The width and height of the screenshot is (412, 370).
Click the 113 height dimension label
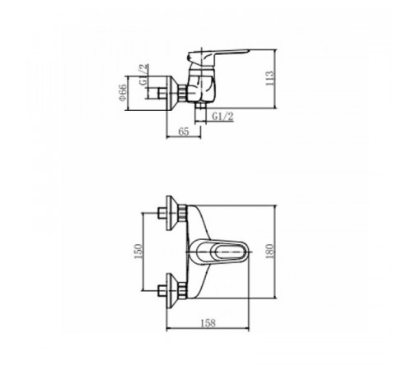pos(269,78)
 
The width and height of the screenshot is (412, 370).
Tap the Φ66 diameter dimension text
pos(123,92)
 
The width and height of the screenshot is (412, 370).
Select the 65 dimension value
pos(184,132)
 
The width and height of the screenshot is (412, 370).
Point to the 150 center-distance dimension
pos(138,251)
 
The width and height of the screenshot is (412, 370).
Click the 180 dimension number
pos(269,251)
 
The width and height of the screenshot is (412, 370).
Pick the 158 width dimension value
pos(208,323)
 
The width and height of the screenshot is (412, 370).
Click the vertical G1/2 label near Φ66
pos(143,75)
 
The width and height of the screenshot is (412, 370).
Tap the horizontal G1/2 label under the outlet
pos(222,117)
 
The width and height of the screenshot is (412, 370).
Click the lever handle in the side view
pos(218,55)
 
